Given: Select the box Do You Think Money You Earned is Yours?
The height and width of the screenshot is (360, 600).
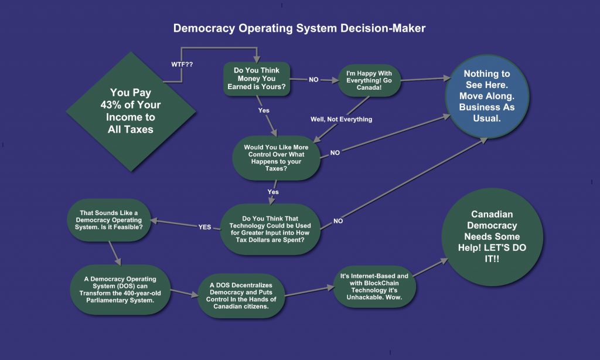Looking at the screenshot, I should (257, 79).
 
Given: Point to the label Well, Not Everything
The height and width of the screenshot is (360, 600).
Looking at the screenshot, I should (341, 119).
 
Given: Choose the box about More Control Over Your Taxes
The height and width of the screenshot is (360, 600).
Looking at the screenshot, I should (277, 158).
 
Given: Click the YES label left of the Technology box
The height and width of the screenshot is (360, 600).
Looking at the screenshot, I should (205, 227).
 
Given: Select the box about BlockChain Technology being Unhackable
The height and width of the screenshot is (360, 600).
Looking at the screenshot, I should (373, 286).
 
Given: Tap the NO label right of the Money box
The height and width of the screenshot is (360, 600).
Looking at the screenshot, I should (313, 79).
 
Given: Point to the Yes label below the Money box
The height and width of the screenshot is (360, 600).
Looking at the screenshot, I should (264, 110).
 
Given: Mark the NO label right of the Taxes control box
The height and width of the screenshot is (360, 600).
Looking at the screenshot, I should (335, 152).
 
